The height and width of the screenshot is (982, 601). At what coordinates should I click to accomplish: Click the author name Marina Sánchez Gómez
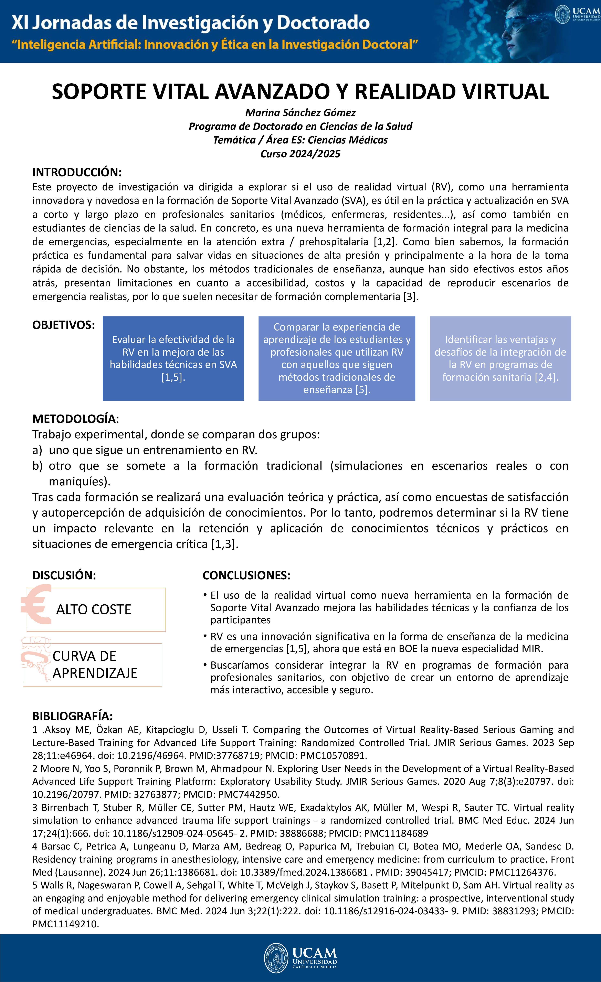point(300,113)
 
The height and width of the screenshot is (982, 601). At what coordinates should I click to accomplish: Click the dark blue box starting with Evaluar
point(173,358)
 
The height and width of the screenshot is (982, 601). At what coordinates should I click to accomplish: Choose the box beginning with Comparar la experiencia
point(337,358)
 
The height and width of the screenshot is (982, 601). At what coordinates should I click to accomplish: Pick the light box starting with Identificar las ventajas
point(500,358)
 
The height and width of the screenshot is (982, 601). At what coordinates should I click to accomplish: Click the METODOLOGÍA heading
point(75,419)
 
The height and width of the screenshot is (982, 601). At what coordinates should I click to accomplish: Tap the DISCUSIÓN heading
point(64,575)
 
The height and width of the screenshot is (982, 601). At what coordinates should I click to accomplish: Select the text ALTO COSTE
point(94,609)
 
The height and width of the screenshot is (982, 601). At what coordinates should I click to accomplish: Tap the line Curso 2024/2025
point(300,154)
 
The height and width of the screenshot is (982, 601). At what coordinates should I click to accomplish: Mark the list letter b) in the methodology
point(38,466)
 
